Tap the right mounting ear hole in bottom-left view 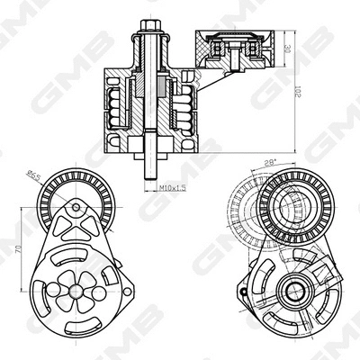(x=127, y=291)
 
